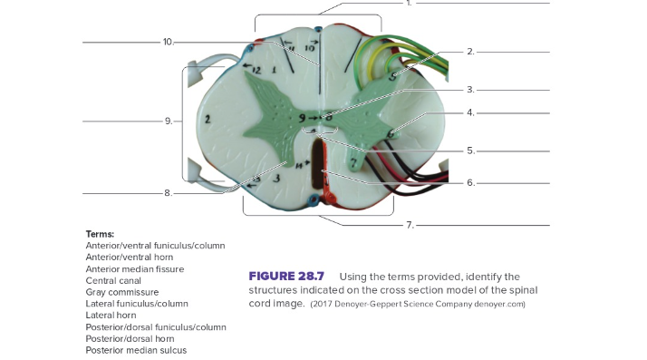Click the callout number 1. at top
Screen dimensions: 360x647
pos(409,4)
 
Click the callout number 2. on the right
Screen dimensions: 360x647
pos(470,52)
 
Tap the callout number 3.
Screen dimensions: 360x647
pos(470,90)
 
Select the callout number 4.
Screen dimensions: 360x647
pos(470,113)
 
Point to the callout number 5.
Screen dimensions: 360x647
pos(470,151)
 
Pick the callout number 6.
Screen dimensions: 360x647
pos(470,182)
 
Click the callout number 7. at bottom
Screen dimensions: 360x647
pos(409,224)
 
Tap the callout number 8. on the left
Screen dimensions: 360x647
pos(168,193)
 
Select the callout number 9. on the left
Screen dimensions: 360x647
pos(168,121)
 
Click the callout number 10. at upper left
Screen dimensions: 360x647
pos(168,42)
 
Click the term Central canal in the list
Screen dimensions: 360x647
pos(112,281)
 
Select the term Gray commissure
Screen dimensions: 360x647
pos(121,293)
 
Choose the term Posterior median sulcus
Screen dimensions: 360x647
pos(135,350)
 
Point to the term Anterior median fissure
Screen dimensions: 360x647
pos(134,269)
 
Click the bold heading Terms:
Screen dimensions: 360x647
pos(100,234)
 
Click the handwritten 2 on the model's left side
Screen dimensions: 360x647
pos(208,119)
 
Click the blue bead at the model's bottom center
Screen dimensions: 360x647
pos(313,199)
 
